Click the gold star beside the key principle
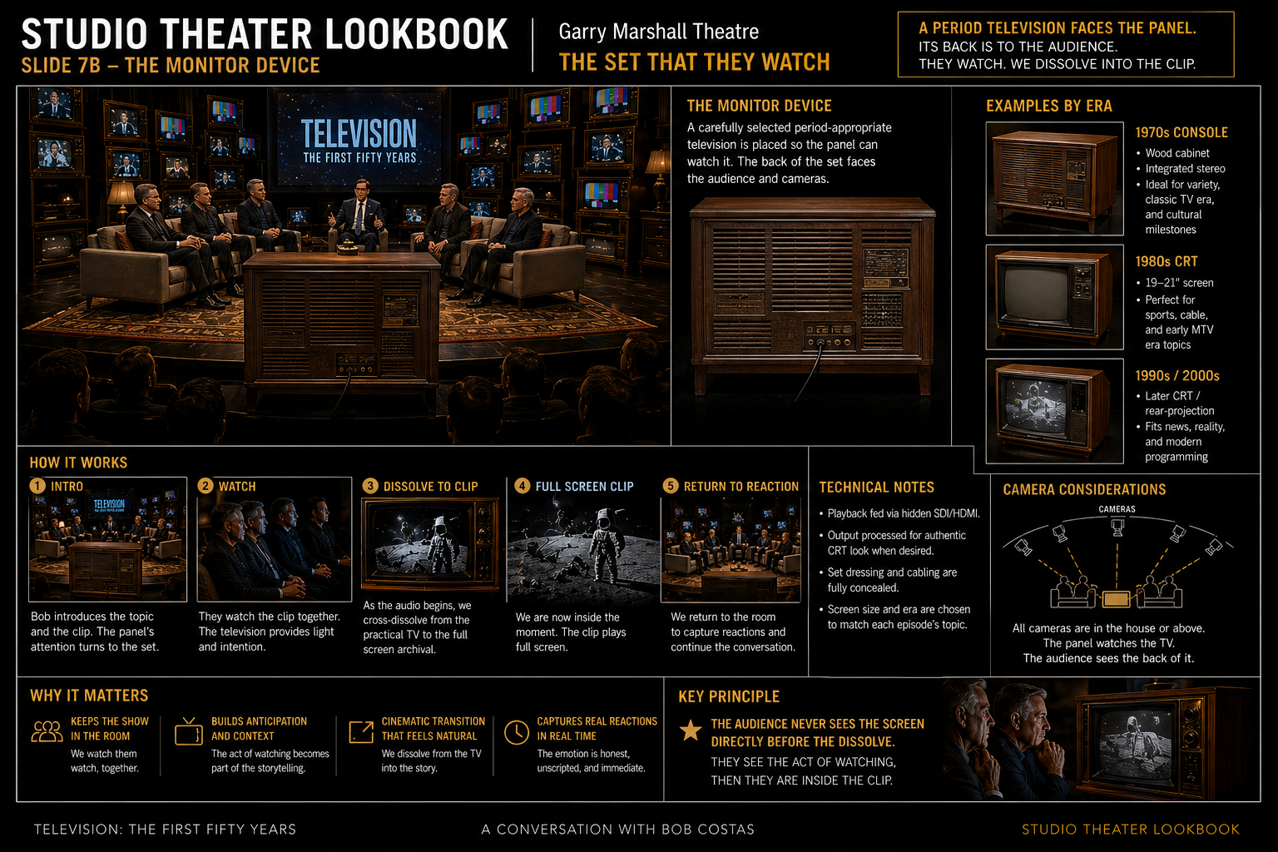[x=691, y=730]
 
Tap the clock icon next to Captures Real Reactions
[x=517, y=732]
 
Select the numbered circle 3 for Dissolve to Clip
[x=370, y=486]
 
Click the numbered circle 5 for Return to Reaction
[x=671, y=486]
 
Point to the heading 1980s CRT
[x=1167, y=261]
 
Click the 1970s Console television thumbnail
[x=1054, y=178]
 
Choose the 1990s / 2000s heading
[x=1177, y=375]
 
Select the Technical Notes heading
[x=876, y=487]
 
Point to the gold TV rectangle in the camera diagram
[x=1116, y=598]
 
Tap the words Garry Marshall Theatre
[x=658, y=32]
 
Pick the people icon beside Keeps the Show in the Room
[x=47, y=731]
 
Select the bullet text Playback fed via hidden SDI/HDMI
[x=904, y=513]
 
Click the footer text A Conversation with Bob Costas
[x=618, y=830]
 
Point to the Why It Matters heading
[x=89, y=695]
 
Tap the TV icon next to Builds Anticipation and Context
[x=188, y=731]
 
